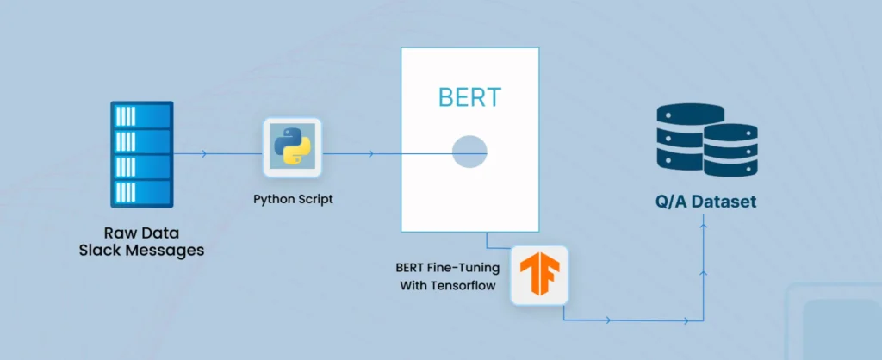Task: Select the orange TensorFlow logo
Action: coord(539,275)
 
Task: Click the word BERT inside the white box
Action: coord(469,96)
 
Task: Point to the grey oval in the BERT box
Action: coord(469,153)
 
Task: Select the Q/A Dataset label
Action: coord(703,203)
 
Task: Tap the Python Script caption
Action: coord(293,199)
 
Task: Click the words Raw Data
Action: coord(142,233)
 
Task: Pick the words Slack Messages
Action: coord(142,251)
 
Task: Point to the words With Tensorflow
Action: coord(448,285)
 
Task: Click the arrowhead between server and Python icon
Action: coord(203,154)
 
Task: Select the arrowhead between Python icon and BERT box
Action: coord(370,154)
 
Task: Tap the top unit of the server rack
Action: coord(142,114)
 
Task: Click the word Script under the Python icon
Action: coord(314,199)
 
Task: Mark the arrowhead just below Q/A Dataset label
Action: coord(705,227)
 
